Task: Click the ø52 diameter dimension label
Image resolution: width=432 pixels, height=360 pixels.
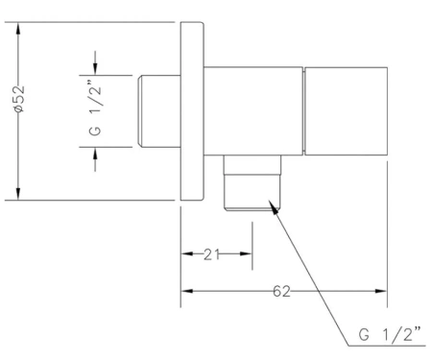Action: pyautogui.click(x=19, y=99)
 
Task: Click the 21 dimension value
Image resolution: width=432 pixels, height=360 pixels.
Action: pyautogui.click(x=211, y=254)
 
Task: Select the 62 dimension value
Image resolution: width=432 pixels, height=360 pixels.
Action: pyautogui.click(x=281, y=292)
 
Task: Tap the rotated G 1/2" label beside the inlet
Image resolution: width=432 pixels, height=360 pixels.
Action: pyautogui.click(x=95, y=110)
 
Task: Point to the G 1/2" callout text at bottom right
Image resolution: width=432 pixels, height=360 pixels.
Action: pyautogui.click(x=390, y=334)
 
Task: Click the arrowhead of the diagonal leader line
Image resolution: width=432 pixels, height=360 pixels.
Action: pyautogui.click(x=273, y=207)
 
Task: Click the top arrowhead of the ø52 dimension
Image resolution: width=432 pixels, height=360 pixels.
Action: pyautogui.click(x=18, y=29)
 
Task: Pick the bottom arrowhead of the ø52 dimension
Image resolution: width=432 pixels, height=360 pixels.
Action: pyautogui.click(x=18, y=194)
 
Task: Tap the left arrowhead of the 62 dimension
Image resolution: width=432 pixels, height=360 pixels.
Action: pyautogui.click(x=187, y=291)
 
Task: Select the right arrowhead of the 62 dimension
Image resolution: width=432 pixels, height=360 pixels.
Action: pyautogui.click(x=381, y=291)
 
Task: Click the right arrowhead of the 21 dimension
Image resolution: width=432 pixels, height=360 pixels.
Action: pyautogui.click(x=246, y=254)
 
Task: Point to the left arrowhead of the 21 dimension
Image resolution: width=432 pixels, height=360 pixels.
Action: pyautogui.click(x=187, y=254)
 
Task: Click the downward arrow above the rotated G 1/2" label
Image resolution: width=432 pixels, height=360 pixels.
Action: pyautogui.click(x=95, y=63)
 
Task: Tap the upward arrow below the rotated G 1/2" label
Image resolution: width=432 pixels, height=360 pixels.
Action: pyautogui.click(x=95, y=159)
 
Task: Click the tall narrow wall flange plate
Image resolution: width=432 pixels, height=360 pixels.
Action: pyautogui.click(x=192, y=111)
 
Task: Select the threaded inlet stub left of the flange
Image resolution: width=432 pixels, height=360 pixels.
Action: pyautogui.click(x=159, y=111)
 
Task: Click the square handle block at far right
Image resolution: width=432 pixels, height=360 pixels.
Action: pyautogui.click(x=347, y=111)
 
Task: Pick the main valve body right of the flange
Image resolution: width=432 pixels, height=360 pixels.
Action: pyautogui.click(x=253, y=111)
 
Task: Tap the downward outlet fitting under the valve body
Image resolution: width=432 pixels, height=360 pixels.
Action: pyautogui.click(x=252, y=183)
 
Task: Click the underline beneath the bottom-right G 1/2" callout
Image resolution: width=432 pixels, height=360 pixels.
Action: pyautogui.click(x=387, y=346)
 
